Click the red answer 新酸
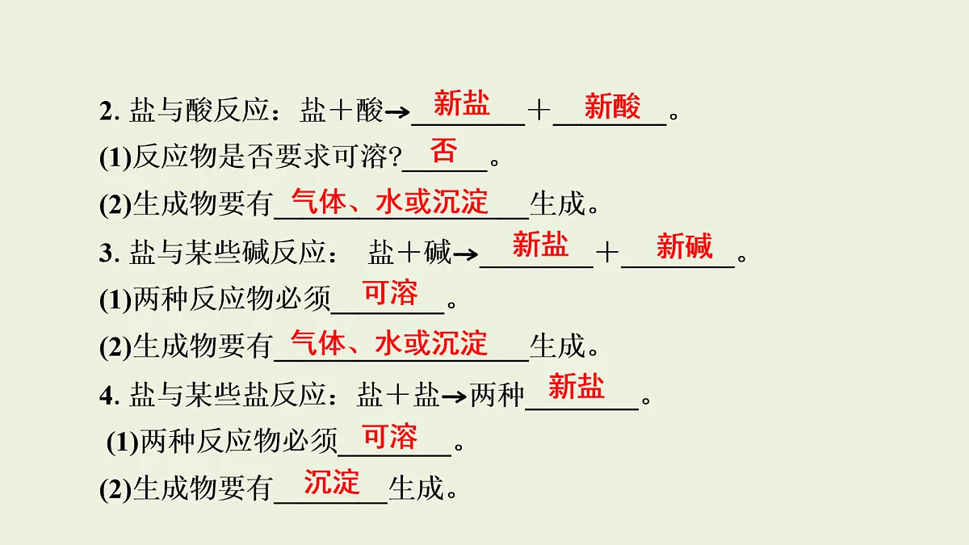coord(612,106)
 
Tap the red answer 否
coord(444,150)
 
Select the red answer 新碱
coord(685,246)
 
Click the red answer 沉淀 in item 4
coord(331,482)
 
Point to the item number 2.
coord(109,111)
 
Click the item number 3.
coord(109,254)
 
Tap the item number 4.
coord(109,396)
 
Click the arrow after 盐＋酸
coord(397,113)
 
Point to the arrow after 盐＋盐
coord(454,396)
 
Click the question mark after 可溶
coord(395,157)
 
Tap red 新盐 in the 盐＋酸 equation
coord(462,103)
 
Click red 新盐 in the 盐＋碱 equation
coord(540,244)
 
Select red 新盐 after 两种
coord(577,386)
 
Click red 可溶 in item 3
coord(391,293)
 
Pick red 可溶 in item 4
coord(391,437)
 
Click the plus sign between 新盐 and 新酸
coord(539,111)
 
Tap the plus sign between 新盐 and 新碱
coord(607,253)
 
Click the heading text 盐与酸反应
coord(199,111)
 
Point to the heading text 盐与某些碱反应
coord(227,253)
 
